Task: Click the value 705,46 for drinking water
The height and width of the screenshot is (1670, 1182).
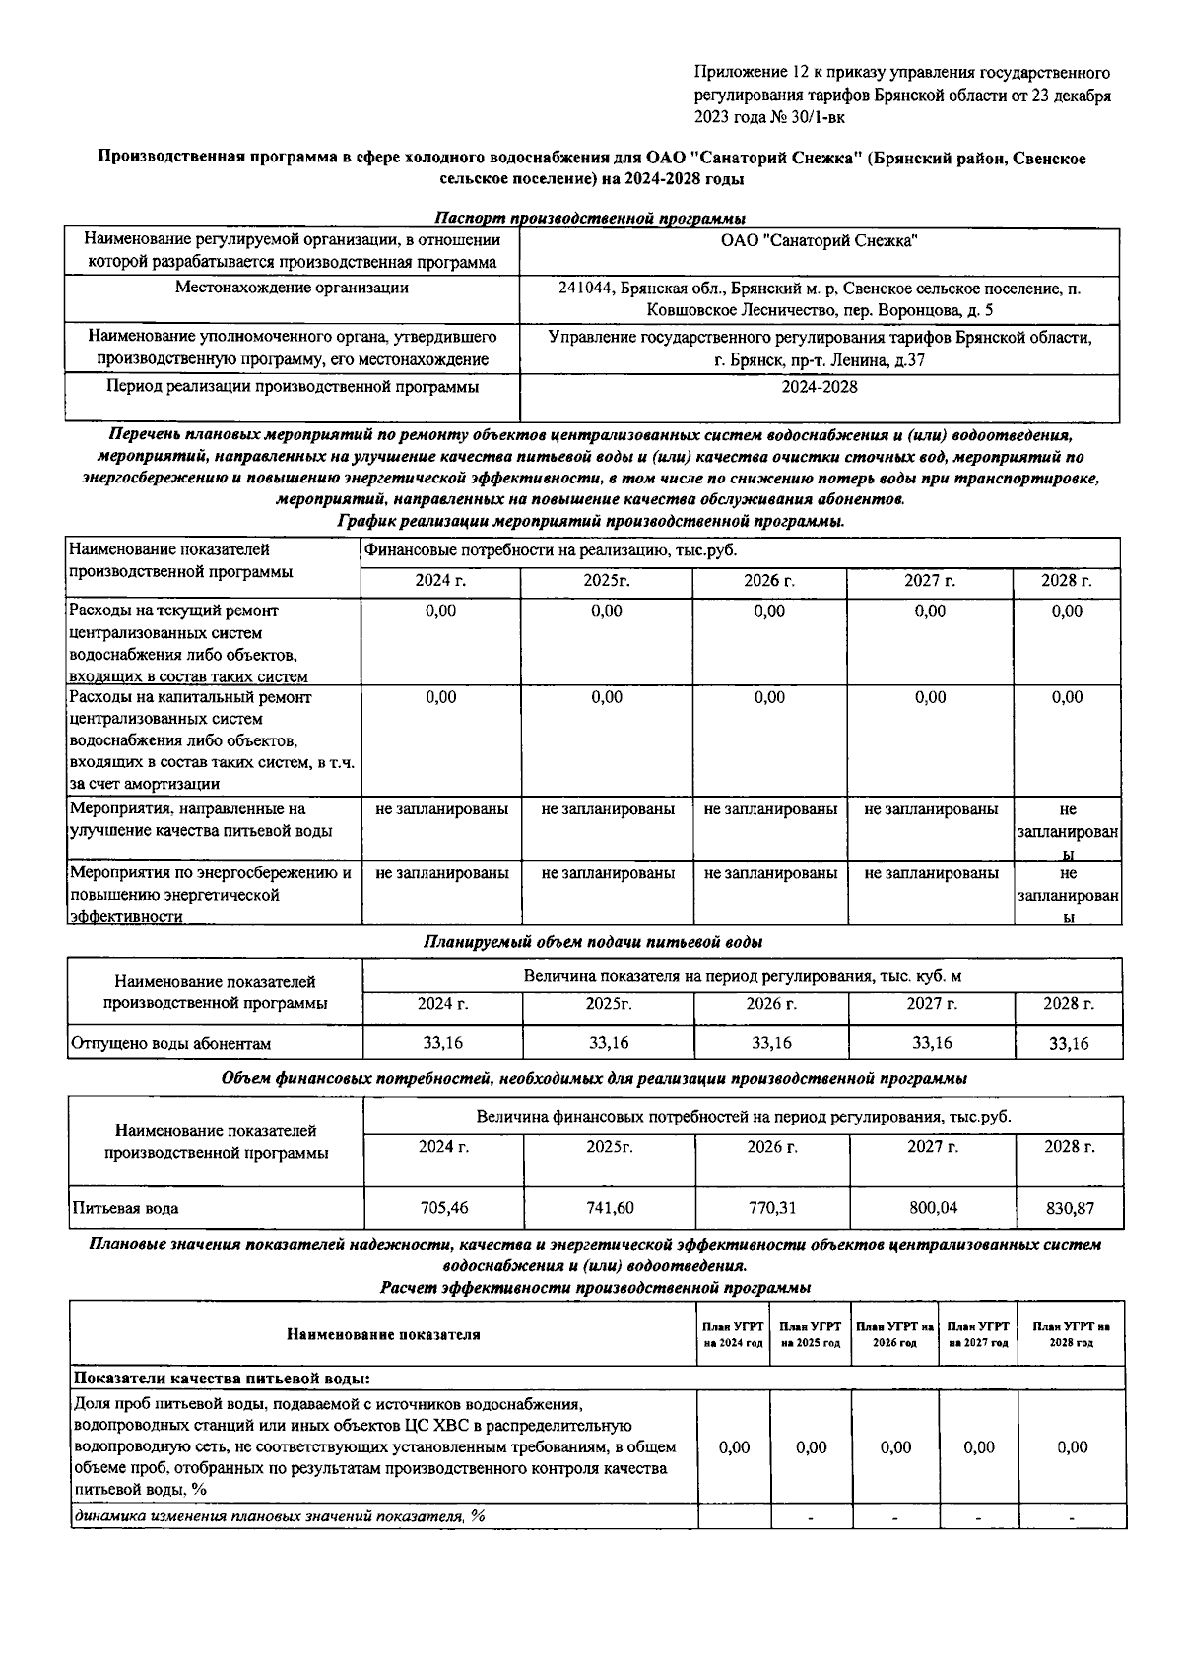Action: point(443,1207)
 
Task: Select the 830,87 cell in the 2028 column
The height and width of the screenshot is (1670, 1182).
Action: point(1069,1207)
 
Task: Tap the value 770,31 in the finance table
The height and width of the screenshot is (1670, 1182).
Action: point(771,1207)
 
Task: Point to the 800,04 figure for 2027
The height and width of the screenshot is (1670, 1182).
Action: point(932,1207)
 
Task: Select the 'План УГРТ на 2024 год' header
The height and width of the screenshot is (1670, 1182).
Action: point(733,1334)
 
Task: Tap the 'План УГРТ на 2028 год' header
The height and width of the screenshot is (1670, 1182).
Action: point(1071,1334)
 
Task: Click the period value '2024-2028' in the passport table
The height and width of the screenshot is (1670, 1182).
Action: point(819,387)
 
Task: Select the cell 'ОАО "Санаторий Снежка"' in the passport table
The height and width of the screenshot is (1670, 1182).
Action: point(819,240)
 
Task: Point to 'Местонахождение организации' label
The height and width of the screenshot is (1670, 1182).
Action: point(292,288)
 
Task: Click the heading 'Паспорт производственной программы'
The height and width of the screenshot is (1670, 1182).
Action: point(590,218)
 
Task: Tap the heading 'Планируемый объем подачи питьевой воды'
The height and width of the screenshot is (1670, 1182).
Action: point(592,942)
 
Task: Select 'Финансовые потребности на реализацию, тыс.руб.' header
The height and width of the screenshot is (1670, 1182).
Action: point(551,550)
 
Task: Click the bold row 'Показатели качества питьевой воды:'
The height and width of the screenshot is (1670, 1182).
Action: point(222,1378)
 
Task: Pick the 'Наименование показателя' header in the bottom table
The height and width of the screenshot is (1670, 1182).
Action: point(383,1334)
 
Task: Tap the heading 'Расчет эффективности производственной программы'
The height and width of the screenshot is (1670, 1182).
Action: point(595,1287)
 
